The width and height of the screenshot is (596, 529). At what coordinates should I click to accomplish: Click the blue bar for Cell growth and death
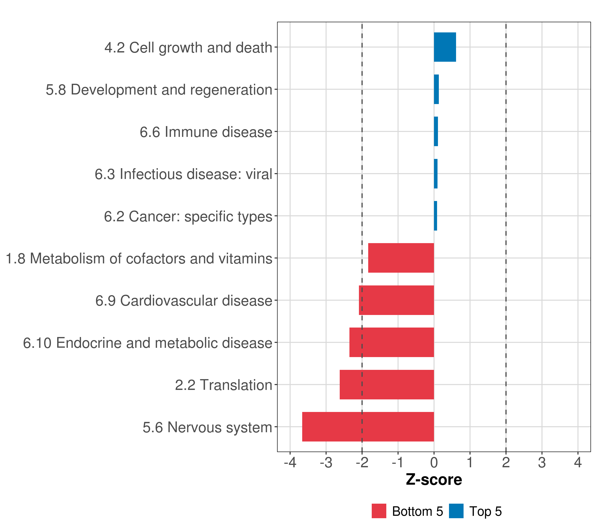pyautogui.click(x=445, y=47)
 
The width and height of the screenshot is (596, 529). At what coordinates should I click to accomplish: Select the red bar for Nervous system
pyautogui.click(x=368, y=427)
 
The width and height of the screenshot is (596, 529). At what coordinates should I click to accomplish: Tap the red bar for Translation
pyautogui.click(x=387, y=385)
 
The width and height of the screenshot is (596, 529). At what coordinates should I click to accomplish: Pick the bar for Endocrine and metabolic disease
pyautogui.click(x=392, y=342)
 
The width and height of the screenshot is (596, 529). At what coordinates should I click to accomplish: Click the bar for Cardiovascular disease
pyautogui.click(x=396, y=300)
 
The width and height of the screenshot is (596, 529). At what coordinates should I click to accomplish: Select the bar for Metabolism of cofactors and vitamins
pyautogui.click(x=401, y=258)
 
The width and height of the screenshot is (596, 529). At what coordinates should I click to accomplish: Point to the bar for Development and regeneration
pyautogui.click(x=436, y=89)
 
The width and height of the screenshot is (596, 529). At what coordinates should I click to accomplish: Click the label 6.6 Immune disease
pyautogui.click(x=206, y=132)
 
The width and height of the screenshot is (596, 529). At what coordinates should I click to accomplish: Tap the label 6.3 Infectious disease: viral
pyautogui.click(x=183, y=174)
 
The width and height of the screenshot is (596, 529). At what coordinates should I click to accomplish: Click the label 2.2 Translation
pyautogui.click(x=224, y=385)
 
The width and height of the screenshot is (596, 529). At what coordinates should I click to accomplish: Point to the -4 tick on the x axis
pyautogui.click(x=290, y=463)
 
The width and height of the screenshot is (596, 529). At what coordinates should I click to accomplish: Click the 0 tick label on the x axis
pyautogui.click(x=434, y=463)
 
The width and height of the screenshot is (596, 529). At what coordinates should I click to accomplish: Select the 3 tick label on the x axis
pyautogui.click(x=542, y=463)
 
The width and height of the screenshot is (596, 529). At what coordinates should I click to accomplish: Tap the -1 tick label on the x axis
pyautogui.click(x=398, y=463)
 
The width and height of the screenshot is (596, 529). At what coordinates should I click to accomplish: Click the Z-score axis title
pyautogui.click(x=434, y=480)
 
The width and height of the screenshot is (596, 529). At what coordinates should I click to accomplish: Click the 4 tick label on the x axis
pyautogui.click(x=578, y=463)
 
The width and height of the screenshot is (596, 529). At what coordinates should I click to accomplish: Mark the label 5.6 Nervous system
pyautogui.click(x=207, y=427)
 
